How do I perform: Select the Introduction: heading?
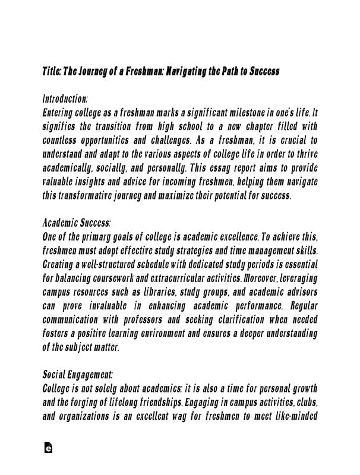(x=65, y=98)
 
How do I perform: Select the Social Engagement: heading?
(x=78, y=375)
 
